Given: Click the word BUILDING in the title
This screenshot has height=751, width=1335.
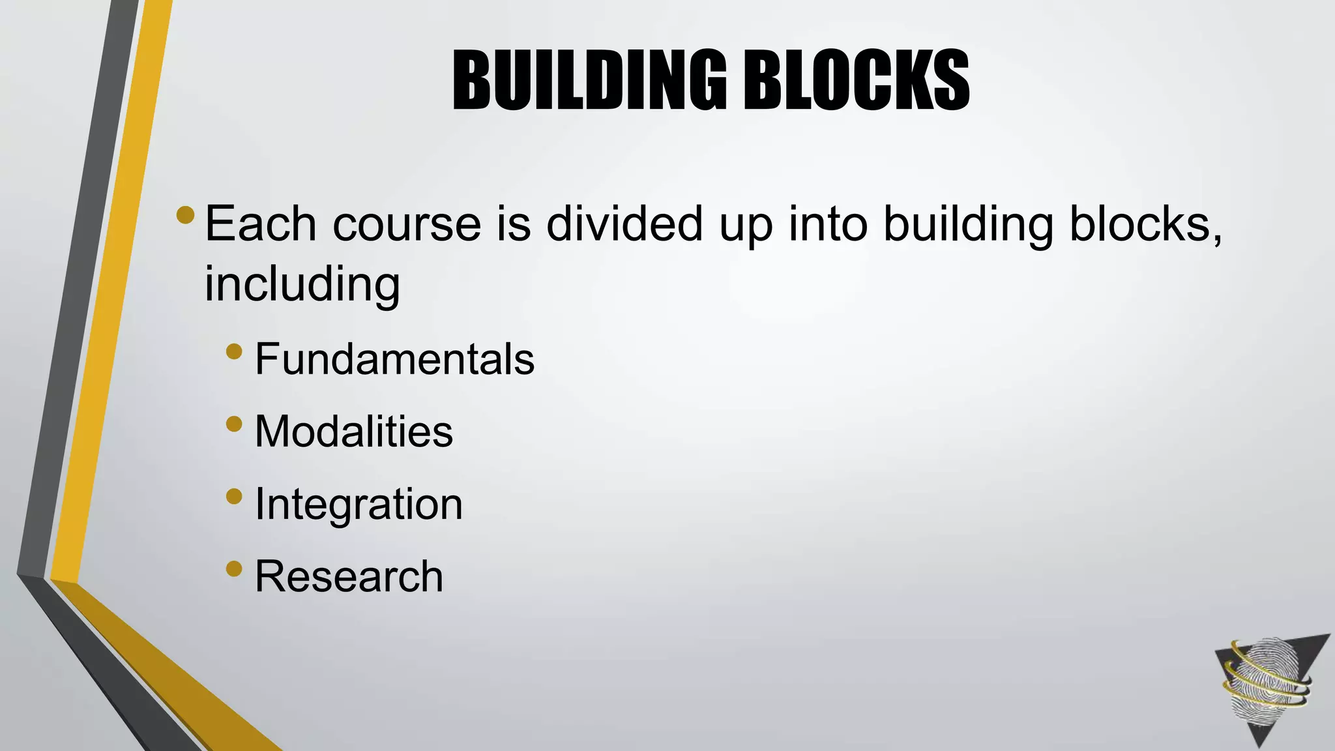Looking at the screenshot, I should [589, 81].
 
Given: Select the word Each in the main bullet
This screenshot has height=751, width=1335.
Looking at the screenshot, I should [261, 224].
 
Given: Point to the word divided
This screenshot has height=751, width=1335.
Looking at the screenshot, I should [624, 224].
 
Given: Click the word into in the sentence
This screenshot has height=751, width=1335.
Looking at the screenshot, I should [828, 224].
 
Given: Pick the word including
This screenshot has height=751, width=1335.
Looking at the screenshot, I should [302, 285].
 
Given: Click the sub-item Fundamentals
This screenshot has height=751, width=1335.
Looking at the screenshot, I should [394, 359].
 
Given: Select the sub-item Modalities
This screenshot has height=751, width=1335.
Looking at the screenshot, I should [353, 431].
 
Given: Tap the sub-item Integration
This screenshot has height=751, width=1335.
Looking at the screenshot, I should [359, 504].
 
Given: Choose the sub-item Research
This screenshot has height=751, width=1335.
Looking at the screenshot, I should [349, 576].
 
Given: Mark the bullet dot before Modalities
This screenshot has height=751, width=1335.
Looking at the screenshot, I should [234, 425].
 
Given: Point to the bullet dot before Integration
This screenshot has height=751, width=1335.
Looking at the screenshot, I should [234, 497].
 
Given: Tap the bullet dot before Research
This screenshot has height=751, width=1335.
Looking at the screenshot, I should [234, 570].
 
